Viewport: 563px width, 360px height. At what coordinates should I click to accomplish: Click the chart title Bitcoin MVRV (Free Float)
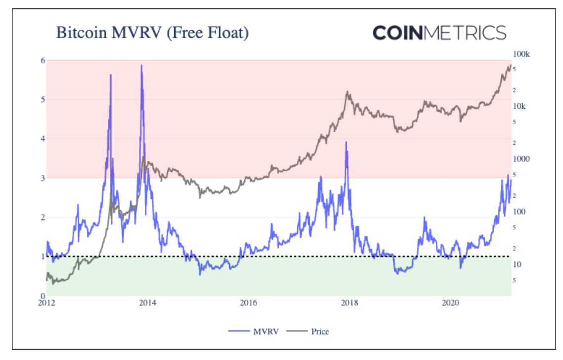[152, 33]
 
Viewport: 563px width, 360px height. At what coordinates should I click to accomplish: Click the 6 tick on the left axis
[43, 60]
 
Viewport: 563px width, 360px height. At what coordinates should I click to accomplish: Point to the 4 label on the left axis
[43, 138]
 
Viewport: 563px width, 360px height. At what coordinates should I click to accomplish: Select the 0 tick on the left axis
[43, 296]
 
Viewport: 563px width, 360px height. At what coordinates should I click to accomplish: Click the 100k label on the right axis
[521, 54]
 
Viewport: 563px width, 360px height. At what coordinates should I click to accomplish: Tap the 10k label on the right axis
[519, 106]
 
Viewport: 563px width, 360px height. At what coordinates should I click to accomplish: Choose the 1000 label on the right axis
[521, 159]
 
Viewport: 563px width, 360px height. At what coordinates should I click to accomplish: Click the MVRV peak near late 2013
[141, 65]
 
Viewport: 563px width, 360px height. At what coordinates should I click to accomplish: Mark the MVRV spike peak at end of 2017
[346, 142]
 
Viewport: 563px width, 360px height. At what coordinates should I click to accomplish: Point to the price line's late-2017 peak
[348, 91]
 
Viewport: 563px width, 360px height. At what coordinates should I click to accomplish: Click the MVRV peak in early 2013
[110, 75]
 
